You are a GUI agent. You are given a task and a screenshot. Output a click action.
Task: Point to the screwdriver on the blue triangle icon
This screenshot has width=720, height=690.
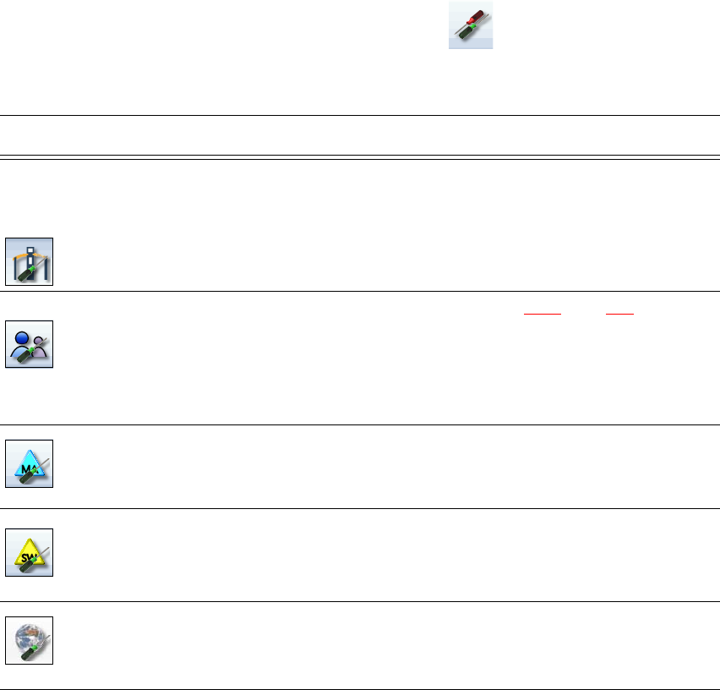(x=32, y=474)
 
